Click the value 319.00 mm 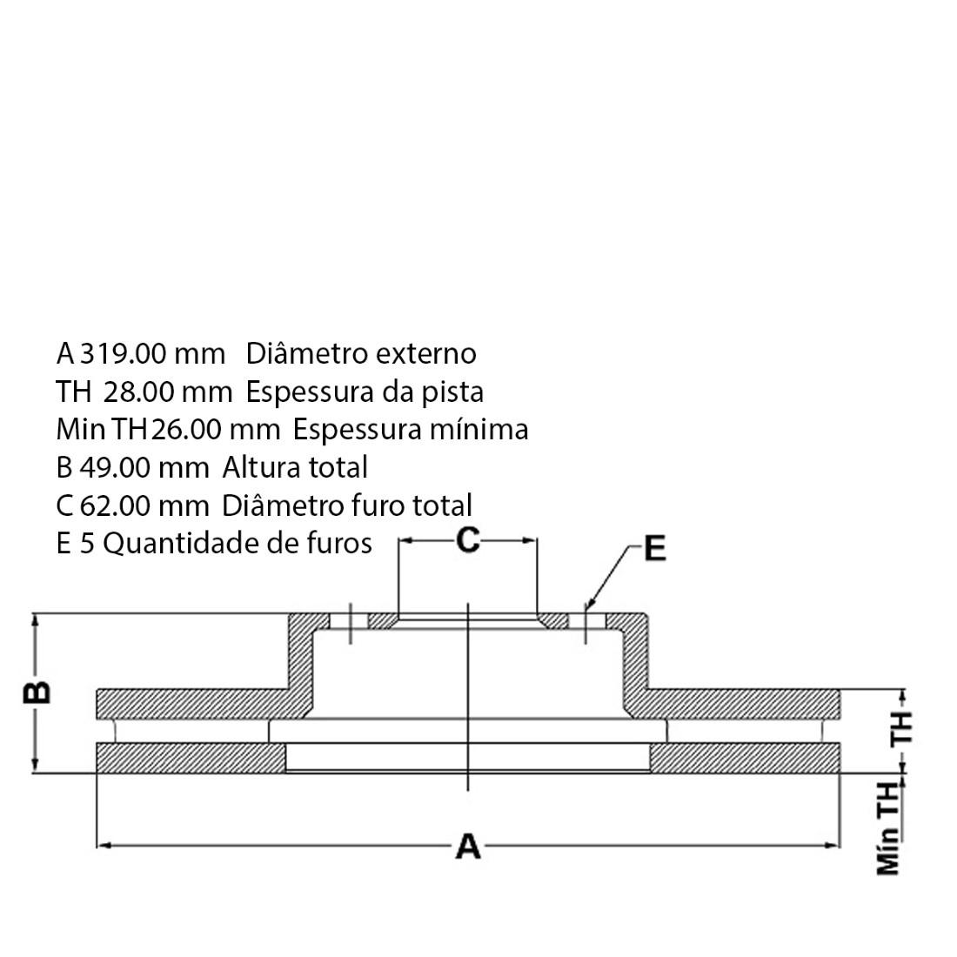(x=153, y=354)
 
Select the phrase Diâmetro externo (x=361, y=353)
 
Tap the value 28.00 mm (x=168, y=391)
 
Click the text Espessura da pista (x=365, y=392)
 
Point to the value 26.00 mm (x=216, y=430)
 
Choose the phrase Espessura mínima (x=410, y=430)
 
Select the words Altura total (x=295, y=467)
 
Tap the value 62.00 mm (x=144, y=505)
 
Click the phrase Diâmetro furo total (x=346, y=505)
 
